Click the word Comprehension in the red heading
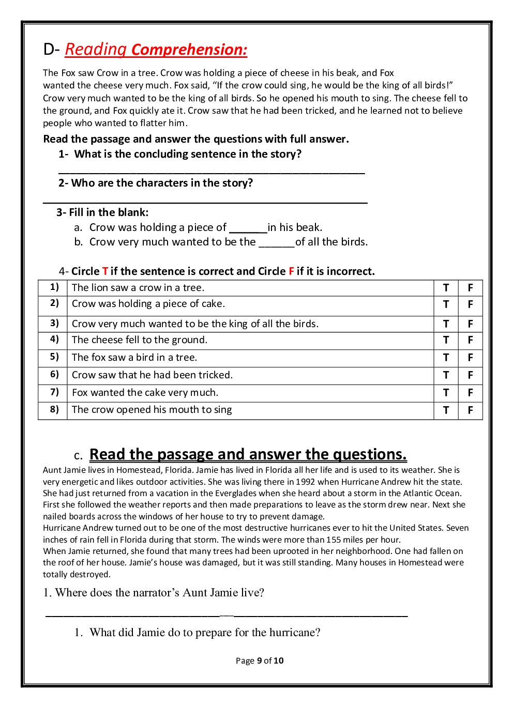click(x=189, y=50)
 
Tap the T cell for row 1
click(x=446, y=288)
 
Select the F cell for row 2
click(x=470, y=304)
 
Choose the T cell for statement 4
click(x=446, y=340)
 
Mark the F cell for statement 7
click(x=470, y=393)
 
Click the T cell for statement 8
click(x=446, y=410)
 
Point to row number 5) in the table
click(x=54, y=357)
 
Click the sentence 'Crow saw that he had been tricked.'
click(x=152, y=375)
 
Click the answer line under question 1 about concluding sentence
click(x=212, y=172)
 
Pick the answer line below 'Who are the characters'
click(x=205, y=202)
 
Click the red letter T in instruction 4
click(x=105, y=271)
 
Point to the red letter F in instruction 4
click(x=292, y=271)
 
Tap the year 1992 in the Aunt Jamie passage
click(x=305, y=482)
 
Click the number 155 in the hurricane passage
click(x=334, y=540)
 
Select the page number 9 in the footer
click(x=260, y=660)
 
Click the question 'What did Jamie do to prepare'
click(x=205, y=633)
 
